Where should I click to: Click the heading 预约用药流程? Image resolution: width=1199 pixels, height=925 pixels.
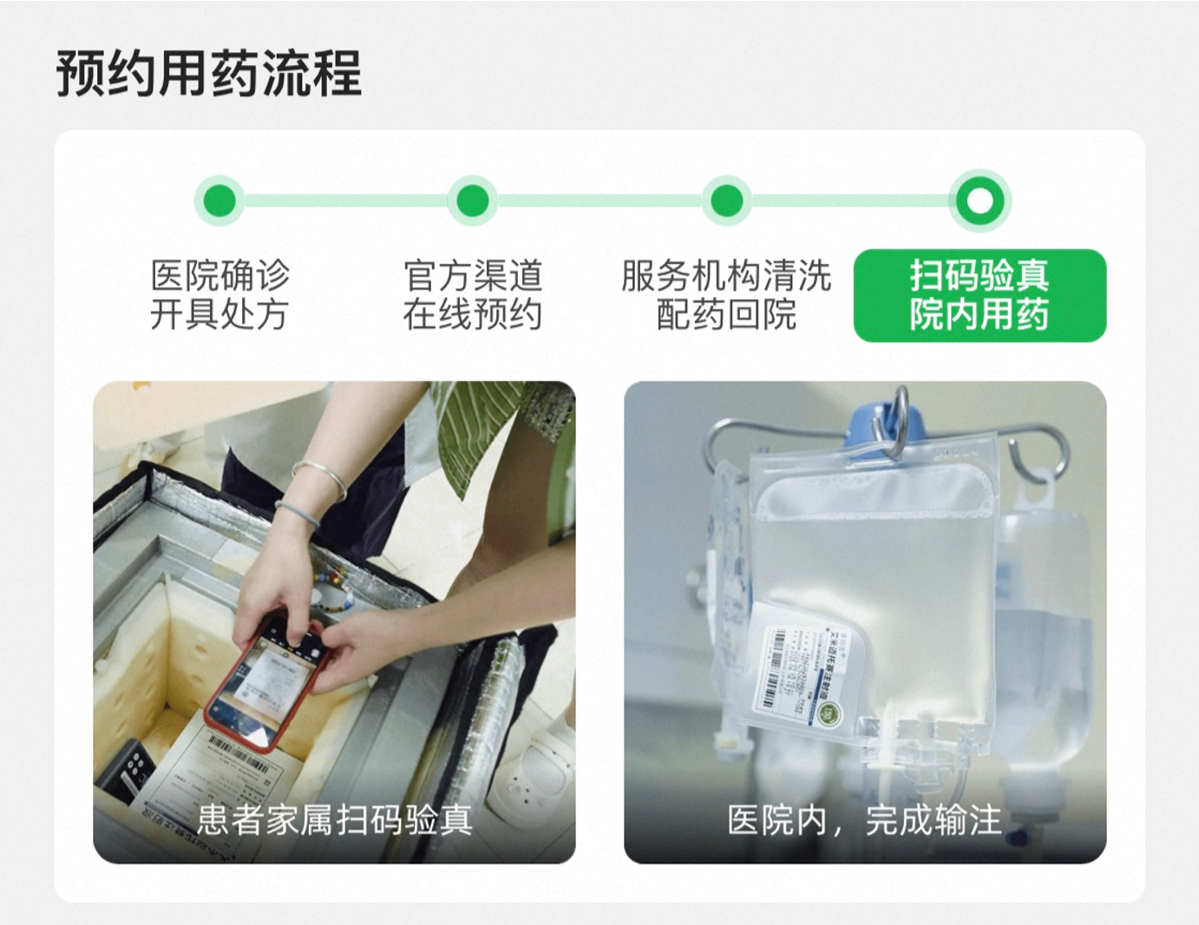coord(208,74)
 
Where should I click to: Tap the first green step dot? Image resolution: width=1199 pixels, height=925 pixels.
coord(219,200)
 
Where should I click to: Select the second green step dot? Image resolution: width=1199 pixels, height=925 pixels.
coord(473,200)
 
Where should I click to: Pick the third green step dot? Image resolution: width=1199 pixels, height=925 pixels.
coord(727,200)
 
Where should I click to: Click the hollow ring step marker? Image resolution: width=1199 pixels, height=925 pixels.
coord(980,200)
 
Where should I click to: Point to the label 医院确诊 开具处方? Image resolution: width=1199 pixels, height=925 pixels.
coord(219,295)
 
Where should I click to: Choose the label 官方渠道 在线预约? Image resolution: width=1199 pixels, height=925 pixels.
coord(473,295)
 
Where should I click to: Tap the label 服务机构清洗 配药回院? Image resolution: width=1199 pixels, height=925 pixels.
coord(727,295)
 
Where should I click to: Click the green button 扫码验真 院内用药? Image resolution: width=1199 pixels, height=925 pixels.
coord(980,295)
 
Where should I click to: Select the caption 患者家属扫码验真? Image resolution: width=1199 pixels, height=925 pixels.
coord(334,819)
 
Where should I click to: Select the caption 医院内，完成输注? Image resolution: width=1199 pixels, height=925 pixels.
coord(864,819)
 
